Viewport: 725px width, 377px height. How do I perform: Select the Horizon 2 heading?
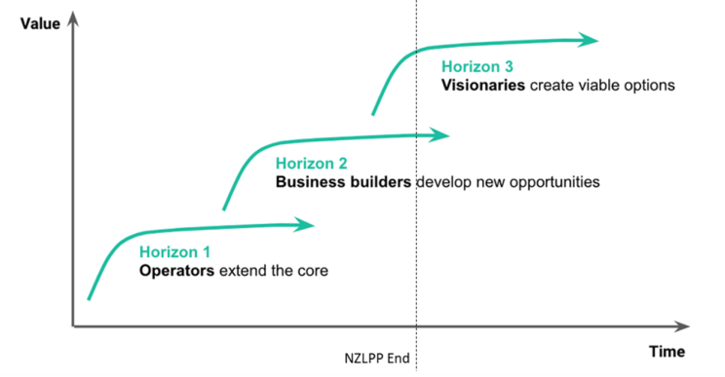(311, 164)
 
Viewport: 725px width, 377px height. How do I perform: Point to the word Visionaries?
(483, 86)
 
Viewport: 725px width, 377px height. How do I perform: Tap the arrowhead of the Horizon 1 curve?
(306, 225)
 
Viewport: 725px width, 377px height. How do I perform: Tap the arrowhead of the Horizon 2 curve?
(440, 134)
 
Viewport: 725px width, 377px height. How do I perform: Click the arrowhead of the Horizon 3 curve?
(588, 40)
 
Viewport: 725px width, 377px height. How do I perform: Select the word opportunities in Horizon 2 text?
(553, 182)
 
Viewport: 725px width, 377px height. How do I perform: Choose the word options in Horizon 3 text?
(649, 86)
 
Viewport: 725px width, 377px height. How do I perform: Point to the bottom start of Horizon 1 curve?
(90, 297)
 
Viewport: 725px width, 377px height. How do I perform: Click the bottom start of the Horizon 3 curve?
(373, 113)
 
